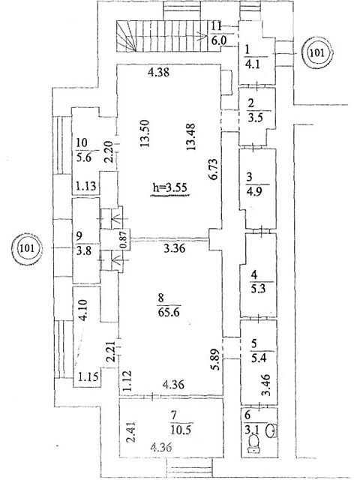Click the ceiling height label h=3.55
tap(170, 187)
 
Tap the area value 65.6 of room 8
tap(169, 313)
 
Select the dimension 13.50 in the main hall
tap(145, 133)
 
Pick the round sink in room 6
tap(271, 430)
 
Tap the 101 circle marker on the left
tap(26, 247)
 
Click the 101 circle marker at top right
tap(316, 52)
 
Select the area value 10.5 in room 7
tap(181, 430)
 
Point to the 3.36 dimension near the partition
tap(174, 248)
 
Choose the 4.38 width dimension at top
tap(158, 73)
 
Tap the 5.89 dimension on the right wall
tap(216, 360)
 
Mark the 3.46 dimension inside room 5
tap(266, 385)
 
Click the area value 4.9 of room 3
tap(254, 193)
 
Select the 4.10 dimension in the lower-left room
tap(83, 310)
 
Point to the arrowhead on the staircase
tap(203, 37)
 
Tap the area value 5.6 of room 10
tap(84, 157)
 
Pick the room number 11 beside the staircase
tap(217, 25)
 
